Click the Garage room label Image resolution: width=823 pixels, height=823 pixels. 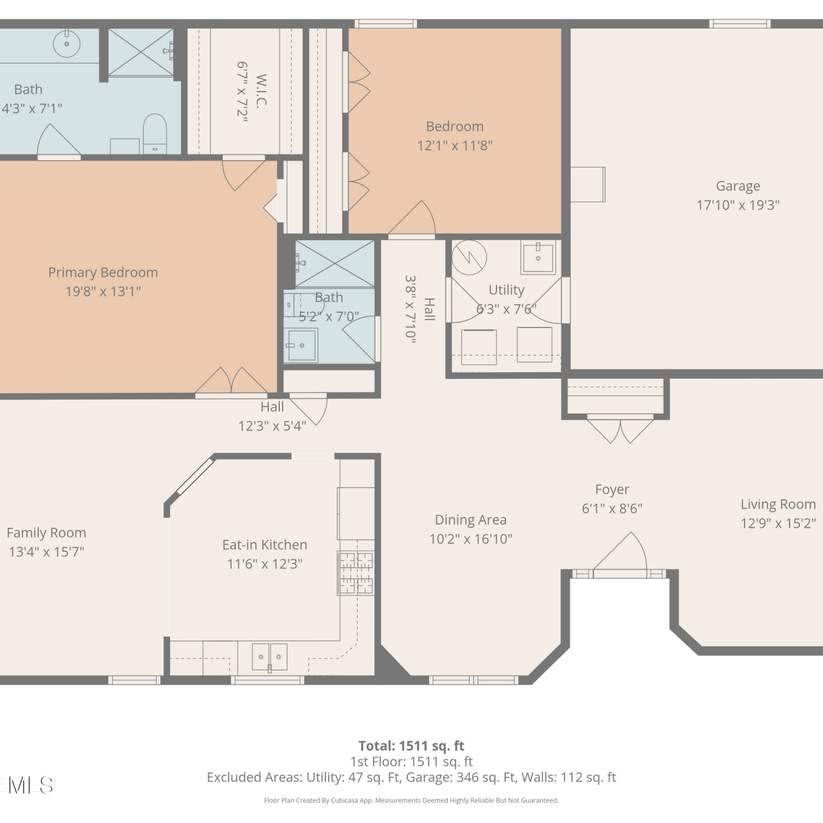click(x=738, y=186)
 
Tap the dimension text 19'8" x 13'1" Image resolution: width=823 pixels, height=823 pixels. click(x=103, y=291)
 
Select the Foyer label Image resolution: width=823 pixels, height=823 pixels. click(x=612, y=489)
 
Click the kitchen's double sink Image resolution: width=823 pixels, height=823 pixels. click(x=269, y=657)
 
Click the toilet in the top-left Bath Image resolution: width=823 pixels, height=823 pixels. click(x=155, y=134)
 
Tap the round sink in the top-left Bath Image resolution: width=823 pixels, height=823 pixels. click(x=66, y=44)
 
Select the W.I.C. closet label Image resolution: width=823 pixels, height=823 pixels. click(x=261, y=91)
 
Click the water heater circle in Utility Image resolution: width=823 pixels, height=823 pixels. click(x=469, y=257)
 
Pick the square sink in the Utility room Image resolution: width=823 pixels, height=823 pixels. click(x=538, y=258)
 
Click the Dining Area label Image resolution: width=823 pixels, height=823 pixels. click(x=471, y=520)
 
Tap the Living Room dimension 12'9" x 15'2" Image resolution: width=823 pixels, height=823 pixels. click(x=778, y=523)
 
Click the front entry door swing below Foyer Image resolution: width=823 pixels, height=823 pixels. click(x=621, y=553)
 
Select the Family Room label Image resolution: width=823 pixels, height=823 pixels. click(x=47, y=533)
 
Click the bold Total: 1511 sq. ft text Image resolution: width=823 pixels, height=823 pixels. click(x=411, y=746)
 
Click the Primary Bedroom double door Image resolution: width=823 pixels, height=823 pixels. click(x=232, y=381)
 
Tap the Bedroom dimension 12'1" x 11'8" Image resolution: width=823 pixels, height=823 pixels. click(x=455, y=145)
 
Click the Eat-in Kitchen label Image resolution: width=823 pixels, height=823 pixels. click(x=264, y=545)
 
